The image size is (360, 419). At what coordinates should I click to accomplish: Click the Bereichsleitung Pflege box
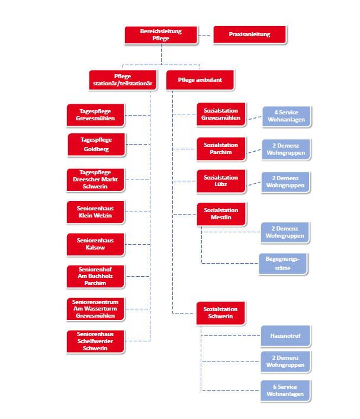[x=161, y=34]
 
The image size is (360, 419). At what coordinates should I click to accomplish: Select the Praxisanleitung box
[x=249, y=34]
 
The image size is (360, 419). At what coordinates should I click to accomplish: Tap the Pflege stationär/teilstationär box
[x=123, y=79]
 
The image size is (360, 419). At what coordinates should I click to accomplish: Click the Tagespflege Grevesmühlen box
[x=96, y=114]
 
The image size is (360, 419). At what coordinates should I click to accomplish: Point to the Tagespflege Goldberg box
[x=96, y=145]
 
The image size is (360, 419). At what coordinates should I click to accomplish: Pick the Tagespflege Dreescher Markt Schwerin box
[x=96, y=180]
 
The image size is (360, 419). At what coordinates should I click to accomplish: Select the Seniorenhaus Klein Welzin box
[x=96, y=212]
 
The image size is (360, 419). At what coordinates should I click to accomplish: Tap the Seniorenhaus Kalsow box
[x=96, y=244]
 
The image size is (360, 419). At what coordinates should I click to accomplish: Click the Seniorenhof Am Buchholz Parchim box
[x=96, y=276]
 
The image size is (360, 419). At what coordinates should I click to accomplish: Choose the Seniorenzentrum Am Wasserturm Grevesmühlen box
[x=96, y=309]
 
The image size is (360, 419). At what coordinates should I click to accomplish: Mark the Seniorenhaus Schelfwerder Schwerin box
[x=96, y=341]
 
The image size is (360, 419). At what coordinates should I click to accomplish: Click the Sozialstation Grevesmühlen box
[x=221, y=114]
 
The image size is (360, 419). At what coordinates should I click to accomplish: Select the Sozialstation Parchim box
[x=221, y=148]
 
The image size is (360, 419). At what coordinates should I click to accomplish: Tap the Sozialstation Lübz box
[x=221, y=181]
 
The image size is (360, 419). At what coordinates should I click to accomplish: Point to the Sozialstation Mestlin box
[x=221, y=214]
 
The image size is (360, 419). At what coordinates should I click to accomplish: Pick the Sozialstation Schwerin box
[x=221, y=313]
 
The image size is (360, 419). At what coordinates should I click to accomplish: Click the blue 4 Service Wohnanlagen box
[x=285, y=116]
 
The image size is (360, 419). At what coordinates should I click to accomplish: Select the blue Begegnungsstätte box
[x=284, y=263]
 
